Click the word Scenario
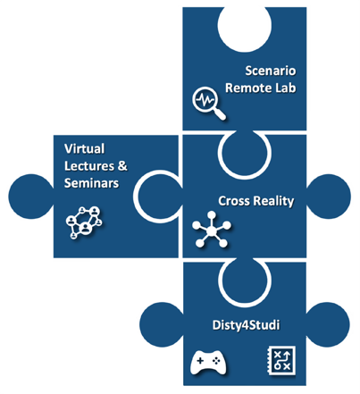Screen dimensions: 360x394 pos(271,71)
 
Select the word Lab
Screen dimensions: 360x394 pos(284,88)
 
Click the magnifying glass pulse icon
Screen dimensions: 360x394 pos(209,104)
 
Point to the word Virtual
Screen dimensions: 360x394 pos(84,149)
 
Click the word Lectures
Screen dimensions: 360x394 pos(89,166)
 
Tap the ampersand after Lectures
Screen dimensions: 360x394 pos(122,166)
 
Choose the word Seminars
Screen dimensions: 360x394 pos(91,183)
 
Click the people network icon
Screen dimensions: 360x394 pos(84,222)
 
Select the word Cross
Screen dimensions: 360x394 pos(234,201)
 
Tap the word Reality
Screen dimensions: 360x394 pos(273,201)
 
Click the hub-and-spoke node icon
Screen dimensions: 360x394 pos(212,230)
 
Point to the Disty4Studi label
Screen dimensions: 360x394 pos(246,325)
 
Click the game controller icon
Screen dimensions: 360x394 pos(208,363)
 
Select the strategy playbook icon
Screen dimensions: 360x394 pos(281,360)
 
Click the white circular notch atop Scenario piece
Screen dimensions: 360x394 pos(245,29)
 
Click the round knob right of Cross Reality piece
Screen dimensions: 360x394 pos(329,197)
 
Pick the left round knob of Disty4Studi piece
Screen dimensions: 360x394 pos(162,324)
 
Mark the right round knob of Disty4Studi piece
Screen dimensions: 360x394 pos(328,324)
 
